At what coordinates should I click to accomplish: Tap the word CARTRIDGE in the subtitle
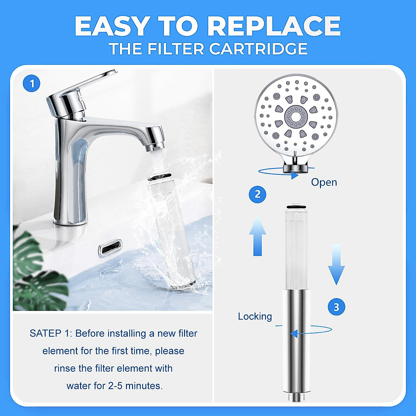tap(258, 49)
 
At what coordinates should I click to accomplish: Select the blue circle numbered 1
tap(32, 84)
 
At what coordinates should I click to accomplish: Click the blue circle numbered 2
tap(258, 194)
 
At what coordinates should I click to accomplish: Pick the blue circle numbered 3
tap(336, 307)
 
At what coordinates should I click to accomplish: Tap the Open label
tap(324, 182)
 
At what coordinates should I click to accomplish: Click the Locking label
tap(255, 316)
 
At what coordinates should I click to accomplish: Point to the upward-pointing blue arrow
tap(258, 236)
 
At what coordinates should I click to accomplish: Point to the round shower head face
tap(296, 118)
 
